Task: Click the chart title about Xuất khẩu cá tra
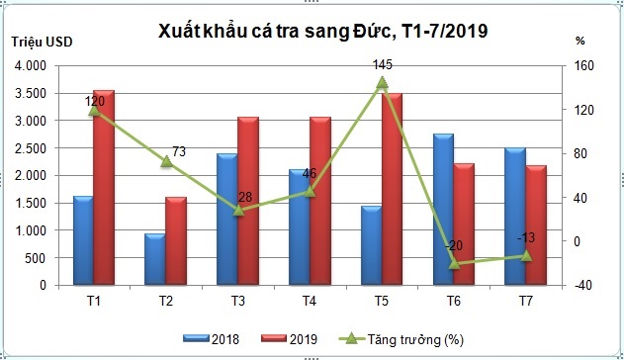[322, 32]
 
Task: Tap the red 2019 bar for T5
[393, 189]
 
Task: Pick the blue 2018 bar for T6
[444, 209]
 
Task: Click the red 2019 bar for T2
[176, 240]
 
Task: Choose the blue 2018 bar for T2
[154, 259]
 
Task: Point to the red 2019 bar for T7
[537, 225]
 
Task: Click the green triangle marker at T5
[382, 83]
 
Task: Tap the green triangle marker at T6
[454, 263]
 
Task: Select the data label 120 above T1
[95, 101]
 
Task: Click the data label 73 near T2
[179, 152]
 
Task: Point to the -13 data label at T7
[527, 237]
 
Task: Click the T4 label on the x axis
[310, 300]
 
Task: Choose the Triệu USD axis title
[42, 42]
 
